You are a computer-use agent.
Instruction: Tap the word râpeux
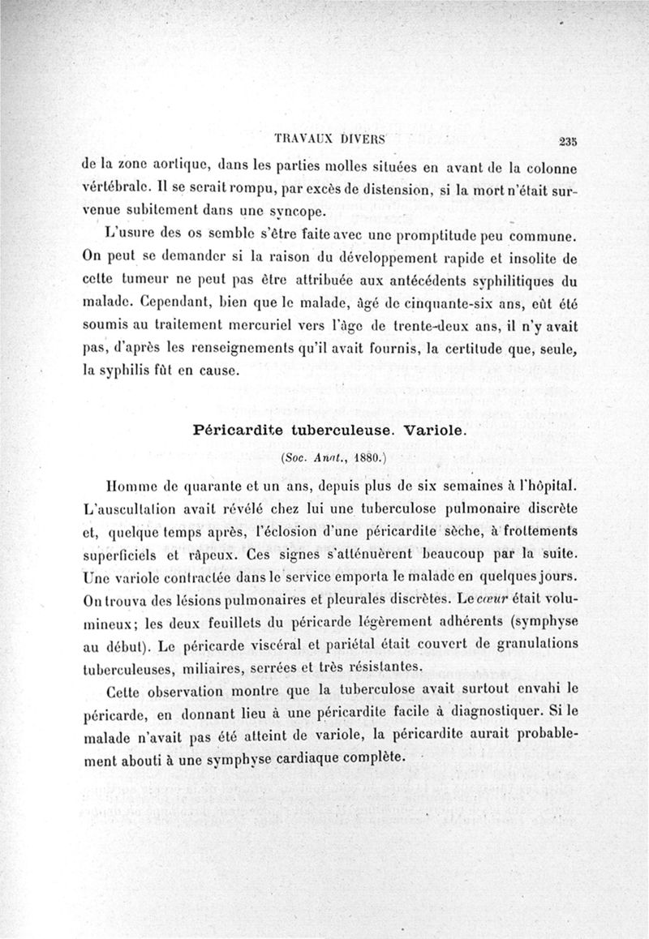point(209,559)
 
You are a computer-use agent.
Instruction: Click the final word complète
point(365,758)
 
